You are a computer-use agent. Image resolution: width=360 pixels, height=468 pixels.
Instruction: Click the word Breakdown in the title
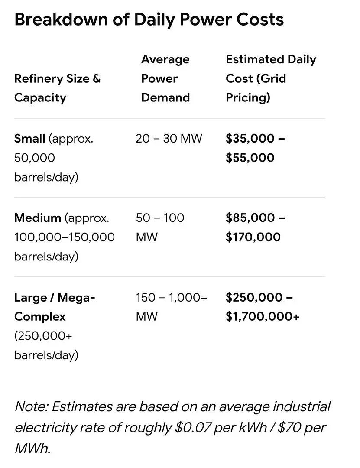(61, 19)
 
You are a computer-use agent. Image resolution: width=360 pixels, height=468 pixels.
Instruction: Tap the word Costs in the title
(260, 19)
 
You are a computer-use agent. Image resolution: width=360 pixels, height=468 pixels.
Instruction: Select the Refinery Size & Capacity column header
(57, 88)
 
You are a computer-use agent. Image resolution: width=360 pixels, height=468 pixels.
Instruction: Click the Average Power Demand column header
(165, 78)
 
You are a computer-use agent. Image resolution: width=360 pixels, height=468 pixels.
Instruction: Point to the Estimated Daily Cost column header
(271, 78)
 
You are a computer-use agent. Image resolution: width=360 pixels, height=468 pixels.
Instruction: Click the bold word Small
(29, 139)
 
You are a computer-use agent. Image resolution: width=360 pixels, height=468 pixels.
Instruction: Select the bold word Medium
(38, 218)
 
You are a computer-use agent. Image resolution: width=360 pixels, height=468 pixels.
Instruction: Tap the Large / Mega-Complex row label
(55, 307)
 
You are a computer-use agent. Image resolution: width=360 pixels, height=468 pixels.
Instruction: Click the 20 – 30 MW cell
(169, 139)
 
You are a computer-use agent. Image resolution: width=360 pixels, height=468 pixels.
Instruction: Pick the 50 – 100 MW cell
(160, 227)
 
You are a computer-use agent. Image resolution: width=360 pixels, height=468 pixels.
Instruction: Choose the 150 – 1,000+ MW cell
(172, 307)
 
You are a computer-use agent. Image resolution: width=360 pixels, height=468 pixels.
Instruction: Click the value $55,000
(250, 158)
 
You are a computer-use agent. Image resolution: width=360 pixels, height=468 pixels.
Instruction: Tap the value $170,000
(253, 237)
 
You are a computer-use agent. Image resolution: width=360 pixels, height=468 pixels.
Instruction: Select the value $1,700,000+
(263, 316)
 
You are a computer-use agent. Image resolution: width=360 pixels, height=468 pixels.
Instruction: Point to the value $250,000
(254, 297)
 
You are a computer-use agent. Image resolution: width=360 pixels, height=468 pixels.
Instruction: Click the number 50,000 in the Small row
(35, 158)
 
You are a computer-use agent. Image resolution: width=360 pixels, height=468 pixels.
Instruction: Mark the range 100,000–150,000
(65, 237)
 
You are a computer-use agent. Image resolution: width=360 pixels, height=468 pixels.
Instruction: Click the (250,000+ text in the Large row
(43, 336)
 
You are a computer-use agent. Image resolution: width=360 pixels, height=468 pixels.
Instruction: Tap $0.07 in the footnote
(193, 427)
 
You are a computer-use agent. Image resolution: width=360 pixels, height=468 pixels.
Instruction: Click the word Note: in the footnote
(31, 406)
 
